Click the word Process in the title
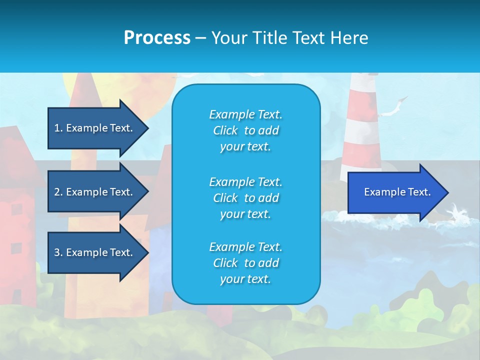pyautogui.click(x=157, y=38)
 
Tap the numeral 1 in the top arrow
pyautogui.click(x=57, y=128)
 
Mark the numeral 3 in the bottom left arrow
pyautogui.click(x=57, y=252)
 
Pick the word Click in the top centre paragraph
pyautogui.click(x=225, y=131)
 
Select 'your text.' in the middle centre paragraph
pyautogui.click(x=245, y=214)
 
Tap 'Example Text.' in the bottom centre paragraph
pyautogui.click(x=245, y=247)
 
